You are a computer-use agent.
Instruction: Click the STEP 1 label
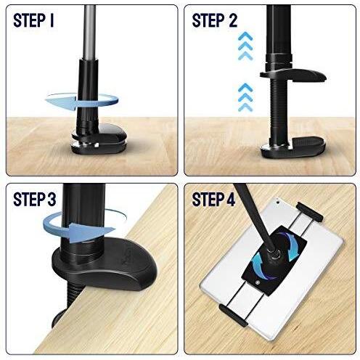33,20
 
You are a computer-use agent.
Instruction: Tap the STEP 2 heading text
214,20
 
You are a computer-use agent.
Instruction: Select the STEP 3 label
35,200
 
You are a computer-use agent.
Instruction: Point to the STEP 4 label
213,200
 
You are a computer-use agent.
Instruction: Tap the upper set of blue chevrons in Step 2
245,46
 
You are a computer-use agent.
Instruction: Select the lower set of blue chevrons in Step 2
245,97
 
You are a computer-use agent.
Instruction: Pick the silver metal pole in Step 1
89,31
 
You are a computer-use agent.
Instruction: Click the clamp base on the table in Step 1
99,140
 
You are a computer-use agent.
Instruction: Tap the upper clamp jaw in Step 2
293,75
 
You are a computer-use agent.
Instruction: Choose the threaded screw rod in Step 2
279,111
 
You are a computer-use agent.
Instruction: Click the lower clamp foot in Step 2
293,147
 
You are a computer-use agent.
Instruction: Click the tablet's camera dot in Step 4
278,202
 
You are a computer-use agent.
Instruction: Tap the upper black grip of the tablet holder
310,212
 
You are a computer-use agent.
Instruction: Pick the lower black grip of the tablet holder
233,315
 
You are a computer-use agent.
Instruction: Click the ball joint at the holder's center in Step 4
274,255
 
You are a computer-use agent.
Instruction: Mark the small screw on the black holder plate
258,282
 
